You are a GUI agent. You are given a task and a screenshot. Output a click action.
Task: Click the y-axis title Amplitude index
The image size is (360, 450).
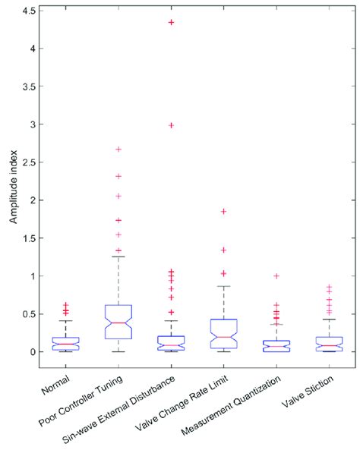point(13,182)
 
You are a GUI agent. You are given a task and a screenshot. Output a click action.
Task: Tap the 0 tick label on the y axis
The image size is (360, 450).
point(36,352)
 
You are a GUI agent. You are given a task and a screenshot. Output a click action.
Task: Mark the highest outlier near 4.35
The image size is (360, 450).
point(171,23)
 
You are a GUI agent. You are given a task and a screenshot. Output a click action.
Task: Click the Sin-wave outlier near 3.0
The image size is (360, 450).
point(171,125)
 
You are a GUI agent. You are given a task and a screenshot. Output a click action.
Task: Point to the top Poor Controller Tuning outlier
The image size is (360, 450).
point(118,149)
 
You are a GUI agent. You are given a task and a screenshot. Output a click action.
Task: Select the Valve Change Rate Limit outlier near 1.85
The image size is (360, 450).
point(224,212)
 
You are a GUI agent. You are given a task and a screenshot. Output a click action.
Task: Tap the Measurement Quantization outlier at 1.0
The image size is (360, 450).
point(277,276)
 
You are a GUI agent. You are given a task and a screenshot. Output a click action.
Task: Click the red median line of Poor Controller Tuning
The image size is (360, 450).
point(118,323)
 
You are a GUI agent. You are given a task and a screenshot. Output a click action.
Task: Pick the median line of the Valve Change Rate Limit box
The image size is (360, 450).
point(224,337)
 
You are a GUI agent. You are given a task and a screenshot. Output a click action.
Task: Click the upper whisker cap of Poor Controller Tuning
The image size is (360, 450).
point(118,256)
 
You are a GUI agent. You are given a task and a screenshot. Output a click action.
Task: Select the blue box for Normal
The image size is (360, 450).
point(65,343)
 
